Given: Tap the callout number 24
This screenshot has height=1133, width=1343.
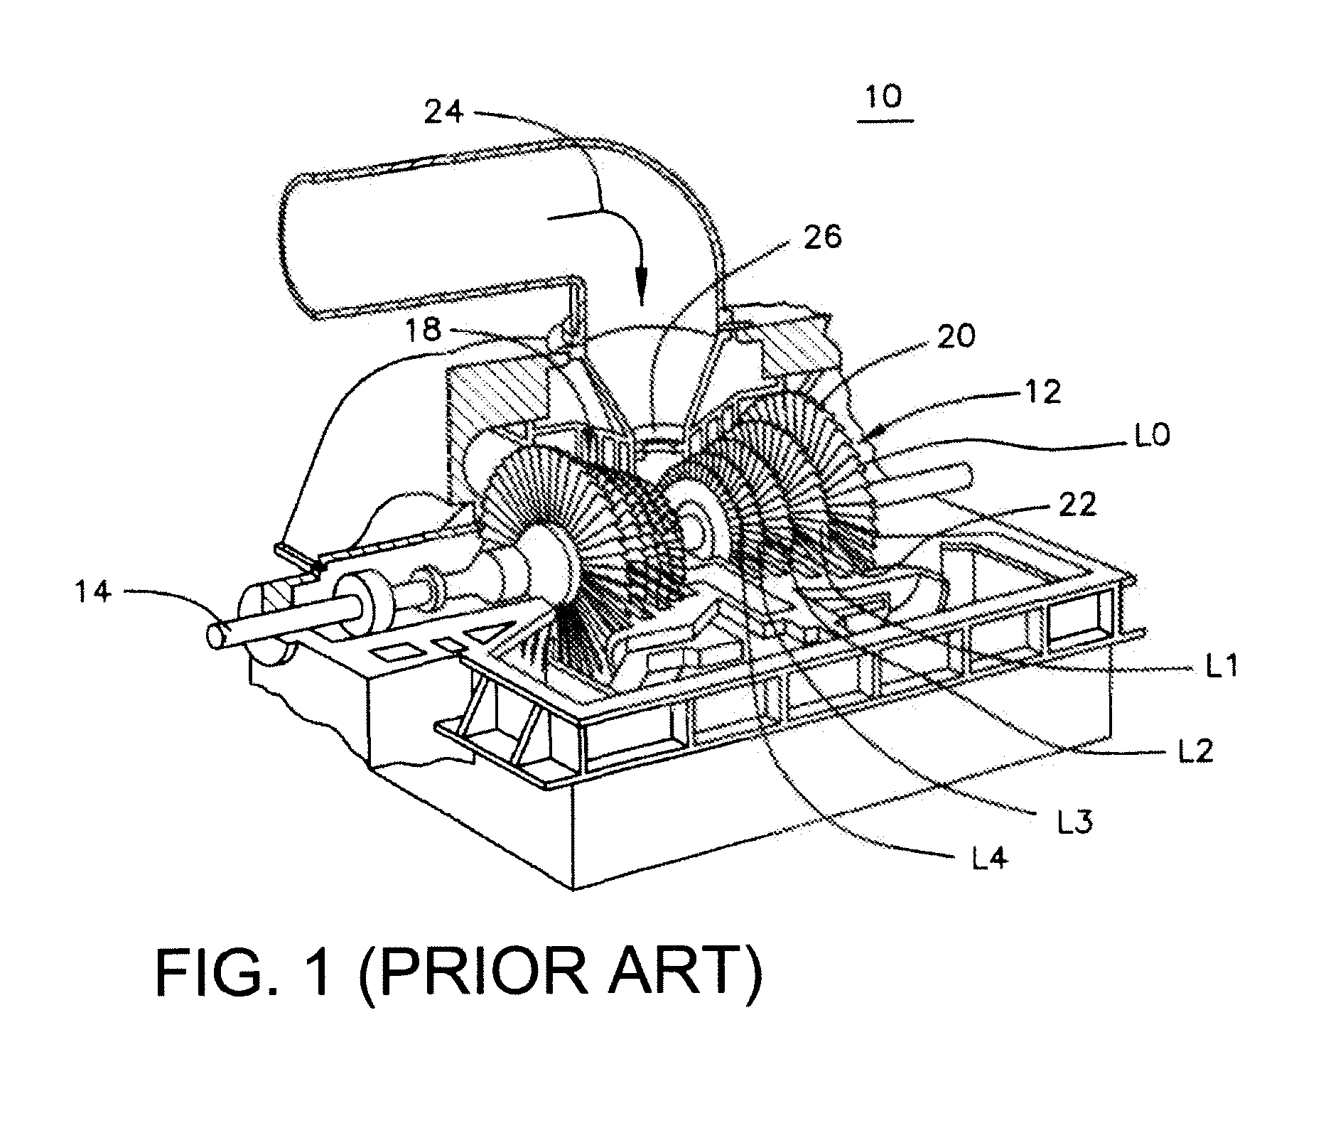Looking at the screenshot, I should click(444, 112).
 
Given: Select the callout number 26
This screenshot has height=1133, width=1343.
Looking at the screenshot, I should click(821, 237).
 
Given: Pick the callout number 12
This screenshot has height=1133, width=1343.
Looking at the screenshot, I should click(1042, 392).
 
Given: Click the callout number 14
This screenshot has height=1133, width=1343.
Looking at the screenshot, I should click(94, 591).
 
